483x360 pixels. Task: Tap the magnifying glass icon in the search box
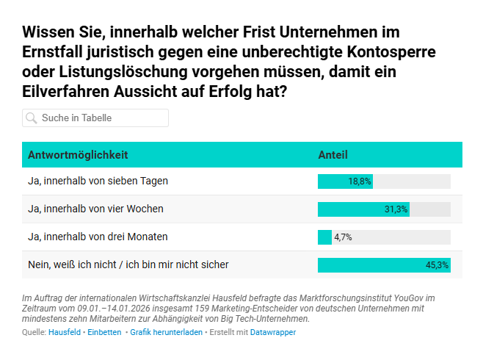point(32,118)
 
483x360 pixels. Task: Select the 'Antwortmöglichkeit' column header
point(78,155)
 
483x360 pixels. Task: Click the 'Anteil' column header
point(333,155)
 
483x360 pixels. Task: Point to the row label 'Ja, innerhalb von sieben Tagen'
point(98,181)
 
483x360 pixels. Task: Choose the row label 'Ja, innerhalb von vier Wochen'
point(95,209)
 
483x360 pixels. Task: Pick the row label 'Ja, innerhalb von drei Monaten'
point(98,237)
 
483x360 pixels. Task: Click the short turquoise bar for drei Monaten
point(324,237)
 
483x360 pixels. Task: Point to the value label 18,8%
point(360,181)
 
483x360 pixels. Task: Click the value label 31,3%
point(396,209)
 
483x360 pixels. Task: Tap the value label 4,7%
point(343,237)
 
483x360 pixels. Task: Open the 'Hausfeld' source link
point(65,333)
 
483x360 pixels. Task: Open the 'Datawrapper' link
point(273,333)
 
